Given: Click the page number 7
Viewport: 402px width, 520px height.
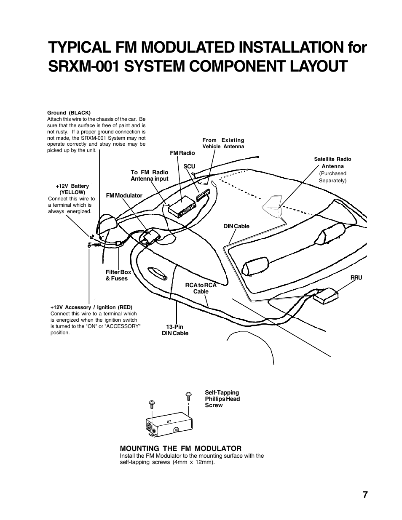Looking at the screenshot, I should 364,495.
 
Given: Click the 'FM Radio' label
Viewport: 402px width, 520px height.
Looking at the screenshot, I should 182,153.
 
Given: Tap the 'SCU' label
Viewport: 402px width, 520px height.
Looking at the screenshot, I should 189,166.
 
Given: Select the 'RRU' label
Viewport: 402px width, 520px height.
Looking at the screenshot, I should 356,278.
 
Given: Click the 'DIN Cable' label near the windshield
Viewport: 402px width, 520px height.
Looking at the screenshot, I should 236,226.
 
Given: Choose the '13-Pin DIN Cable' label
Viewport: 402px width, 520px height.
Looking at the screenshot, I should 175,330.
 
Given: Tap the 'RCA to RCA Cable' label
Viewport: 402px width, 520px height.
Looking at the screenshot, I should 201,288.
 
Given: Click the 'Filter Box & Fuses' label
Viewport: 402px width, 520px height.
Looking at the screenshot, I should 118,275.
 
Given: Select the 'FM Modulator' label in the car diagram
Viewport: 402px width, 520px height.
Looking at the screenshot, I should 124,195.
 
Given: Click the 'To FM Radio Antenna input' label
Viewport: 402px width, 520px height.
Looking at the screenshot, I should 149,176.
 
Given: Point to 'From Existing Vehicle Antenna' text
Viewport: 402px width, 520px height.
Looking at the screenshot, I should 223,143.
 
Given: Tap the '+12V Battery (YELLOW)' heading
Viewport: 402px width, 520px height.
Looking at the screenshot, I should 72,189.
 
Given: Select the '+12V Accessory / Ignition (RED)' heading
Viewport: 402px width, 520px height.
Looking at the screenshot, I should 91,307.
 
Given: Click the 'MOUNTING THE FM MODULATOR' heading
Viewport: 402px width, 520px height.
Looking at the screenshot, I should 181,448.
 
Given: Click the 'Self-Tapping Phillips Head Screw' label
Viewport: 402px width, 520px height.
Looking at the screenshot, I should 222,399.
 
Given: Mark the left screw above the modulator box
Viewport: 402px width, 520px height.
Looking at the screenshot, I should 152,405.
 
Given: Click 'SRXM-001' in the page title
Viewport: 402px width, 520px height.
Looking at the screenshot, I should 87,66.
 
